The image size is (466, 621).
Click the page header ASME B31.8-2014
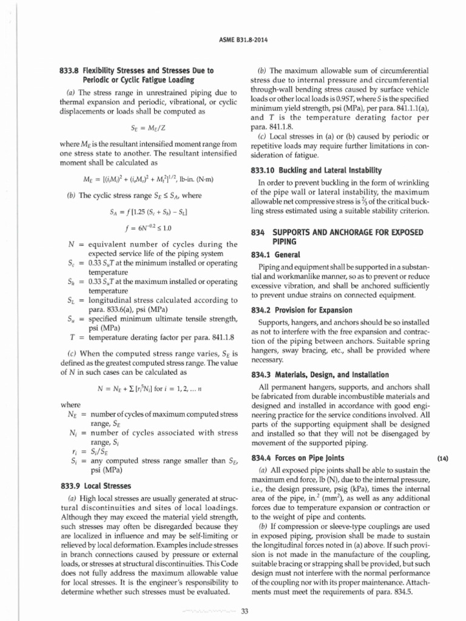tap(233, 40)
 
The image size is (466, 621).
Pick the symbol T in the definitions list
tap(72, 335)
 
